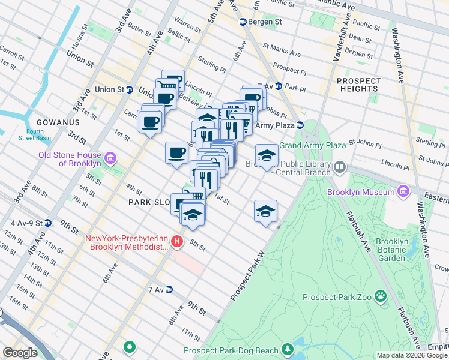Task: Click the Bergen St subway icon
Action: [x=243, y=22]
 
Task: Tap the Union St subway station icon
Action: [x=129, y=90]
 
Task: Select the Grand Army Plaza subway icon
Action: [x=301, y=125]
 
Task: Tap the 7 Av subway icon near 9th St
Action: [x=169, y=290]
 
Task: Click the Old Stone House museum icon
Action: [x=109, y=159]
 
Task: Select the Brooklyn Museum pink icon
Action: [x=403, y=192]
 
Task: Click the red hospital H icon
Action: [x=176, y=242]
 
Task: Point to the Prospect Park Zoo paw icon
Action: [x=381, y=296]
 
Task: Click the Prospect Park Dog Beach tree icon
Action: [x=288, y=349]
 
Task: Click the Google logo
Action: [x=20, y=352]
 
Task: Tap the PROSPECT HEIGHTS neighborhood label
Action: [x=359, y=85]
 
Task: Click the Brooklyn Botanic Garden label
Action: [x=391, y=250]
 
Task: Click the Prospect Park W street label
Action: [x=247, y=277]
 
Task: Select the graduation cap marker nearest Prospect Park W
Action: [x=265, y=212]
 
